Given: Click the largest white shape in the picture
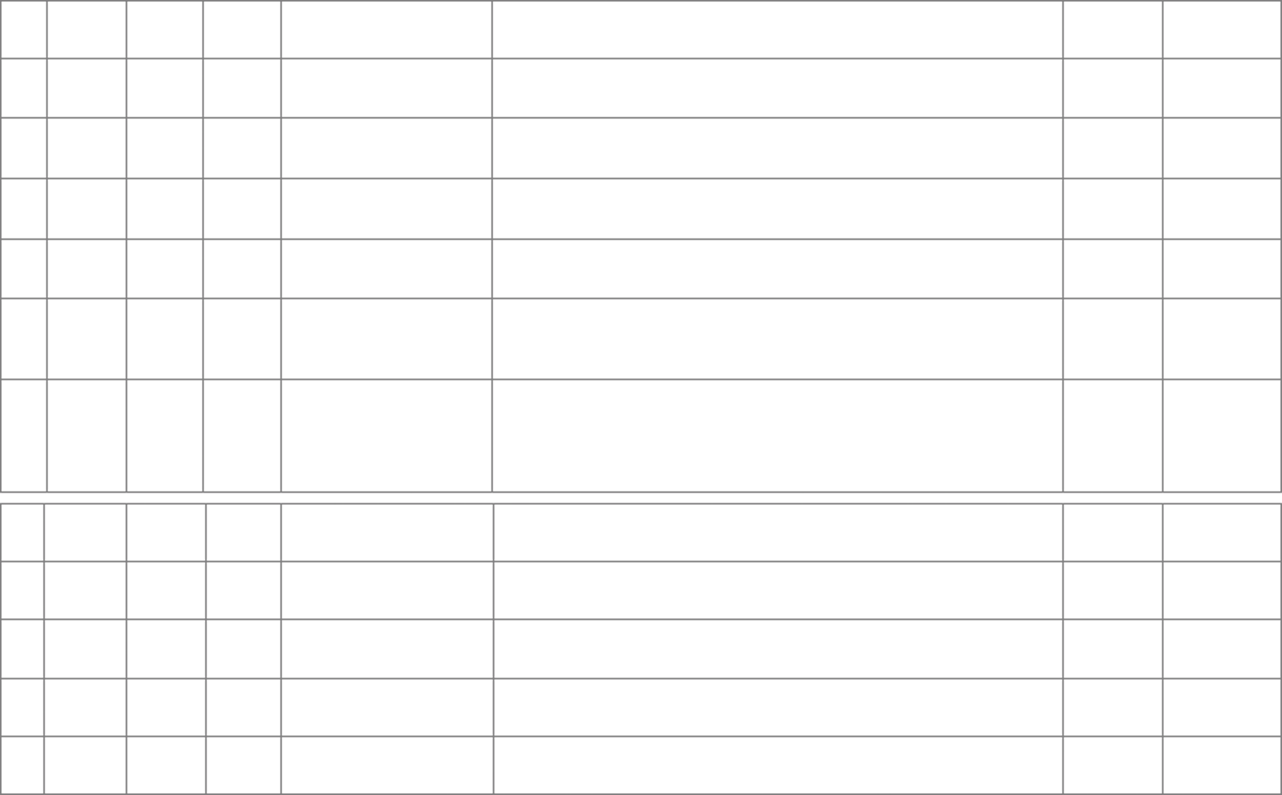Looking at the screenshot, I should point(777,431).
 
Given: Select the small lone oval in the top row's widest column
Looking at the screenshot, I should point(778,25).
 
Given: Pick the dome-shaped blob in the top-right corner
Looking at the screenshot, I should point(1221,30).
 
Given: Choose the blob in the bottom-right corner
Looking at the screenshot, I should point(1221,760).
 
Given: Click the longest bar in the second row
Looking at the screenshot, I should point(777,82).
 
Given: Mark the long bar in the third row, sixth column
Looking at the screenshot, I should point(777,142).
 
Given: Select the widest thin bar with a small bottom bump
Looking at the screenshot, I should point(777,583).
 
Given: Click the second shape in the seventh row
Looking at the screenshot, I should point(86,407).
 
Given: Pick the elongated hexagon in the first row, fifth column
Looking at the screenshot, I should point(385,27).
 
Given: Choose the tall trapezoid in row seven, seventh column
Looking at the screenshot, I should point(1112,416).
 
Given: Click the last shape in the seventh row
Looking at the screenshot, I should point(1221,413).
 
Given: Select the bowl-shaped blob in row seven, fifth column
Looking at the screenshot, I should point(387,419).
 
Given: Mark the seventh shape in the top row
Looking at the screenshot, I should point(1112,29).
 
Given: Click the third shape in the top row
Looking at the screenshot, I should point(164,30).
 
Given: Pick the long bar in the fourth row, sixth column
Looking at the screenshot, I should point(777,201).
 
